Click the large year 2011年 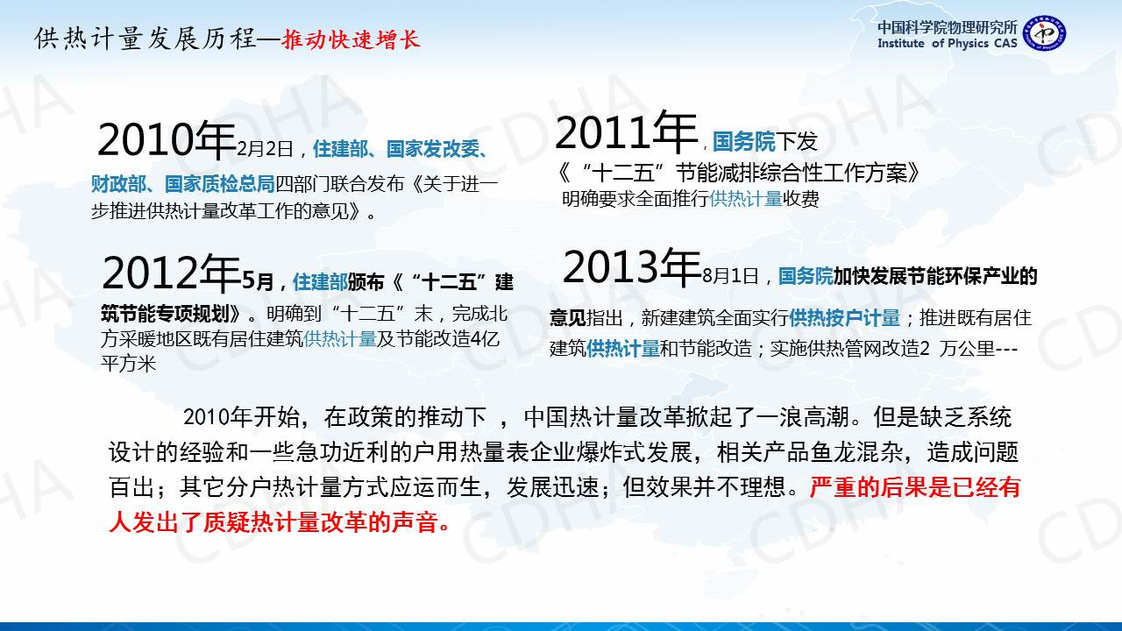[x=626, y=131]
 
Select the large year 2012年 [x=171, y=272]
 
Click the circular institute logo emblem [x=1044, y=33]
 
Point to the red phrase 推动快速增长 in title [x=351, y=39]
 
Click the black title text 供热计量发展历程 [x=146, y=39]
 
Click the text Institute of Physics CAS [x=948, y=44]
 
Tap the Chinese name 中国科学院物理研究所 [x=948, y=26]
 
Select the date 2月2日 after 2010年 [x=265, y=149]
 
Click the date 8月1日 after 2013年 [x=730, y=276]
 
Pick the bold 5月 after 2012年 [x=258, y=281]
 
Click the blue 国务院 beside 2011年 [x=743, y=141]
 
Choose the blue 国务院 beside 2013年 [x=806, y=276]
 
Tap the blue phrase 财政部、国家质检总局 [x=183, y=184]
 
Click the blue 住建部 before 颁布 [x=320, y=282]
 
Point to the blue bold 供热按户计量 [x=844, y=317]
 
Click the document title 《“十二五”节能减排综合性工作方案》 [x=738, y=174]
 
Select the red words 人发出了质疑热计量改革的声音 [x=280, y=522]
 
